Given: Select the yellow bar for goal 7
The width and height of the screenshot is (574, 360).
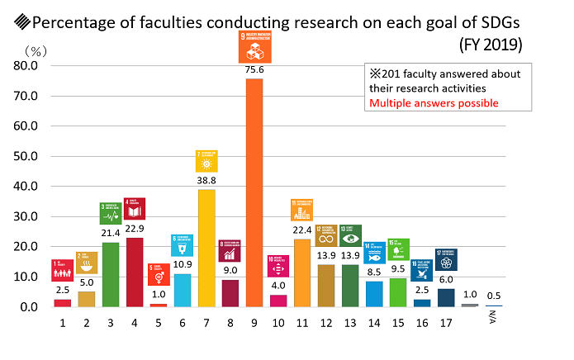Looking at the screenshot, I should point(206,248).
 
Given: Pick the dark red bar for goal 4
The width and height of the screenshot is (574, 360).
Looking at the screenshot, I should point(134,272).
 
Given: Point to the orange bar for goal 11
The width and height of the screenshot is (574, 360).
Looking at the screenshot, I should point(302,272).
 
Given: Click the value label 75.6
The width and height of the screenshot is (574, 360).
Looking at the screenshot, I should point(254,70).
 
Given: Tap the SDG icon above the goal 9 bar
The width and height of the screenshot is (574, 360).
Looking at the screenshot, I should point(254,46).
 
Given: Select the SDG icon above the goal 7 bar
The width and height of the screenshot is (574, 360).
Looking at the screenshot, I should point(206,160).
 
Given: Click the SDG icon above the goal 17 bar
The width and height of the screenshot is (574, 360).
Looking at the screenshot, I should point(446,259).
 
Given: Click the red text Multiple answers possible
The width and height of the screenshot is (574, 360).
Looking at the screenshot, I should point(434,103).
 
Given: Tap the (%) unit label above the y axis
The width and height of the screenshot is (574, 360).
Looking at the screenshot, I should point(36,51).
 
